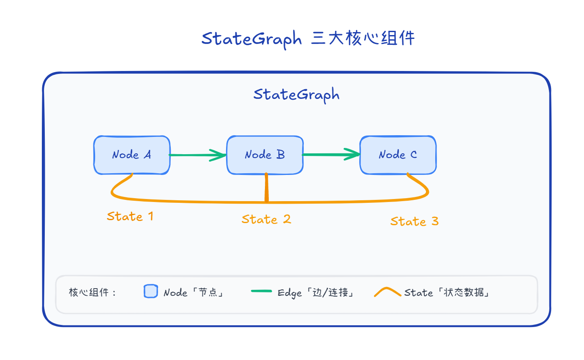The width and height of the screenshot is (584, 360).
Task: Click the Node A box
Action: pos(131,155)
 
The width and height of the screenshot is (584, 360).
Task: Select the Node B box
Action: pos(265,155)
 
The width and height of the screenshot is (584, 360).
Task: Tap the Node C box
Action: pos(398,155)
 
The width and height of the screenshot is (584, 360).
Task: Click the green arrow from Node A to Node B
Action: pos(198,155)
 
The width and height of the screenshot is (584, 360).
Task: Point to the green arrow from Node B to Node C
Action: pos(331,155)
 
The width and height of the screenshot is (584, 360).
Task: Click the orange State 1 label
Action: pos(130,217)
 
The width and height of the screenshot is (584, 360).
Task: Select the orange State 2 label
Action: pos(266,219)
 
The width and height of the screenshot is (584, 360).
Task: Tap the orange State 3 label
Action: pos(414,221)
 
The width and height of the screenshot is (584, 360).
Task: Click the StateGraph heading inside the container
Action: pos(296,95)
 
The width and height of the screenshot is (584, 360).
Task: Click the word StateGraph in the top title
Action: pos(251,39)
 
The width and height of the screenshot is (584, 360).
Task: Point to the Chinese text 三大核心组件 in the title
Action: pos(363,39)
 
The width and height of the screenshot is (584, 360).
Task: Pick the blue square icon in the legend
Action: pos(151,292)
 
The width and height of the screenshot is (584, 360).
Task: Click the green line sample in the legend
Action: pos(261,291)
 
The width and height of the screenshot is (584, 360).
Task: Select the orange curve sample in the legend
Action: pos(387,292)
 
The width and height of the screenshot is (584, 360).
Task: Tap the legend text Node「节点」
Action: pos(193,293)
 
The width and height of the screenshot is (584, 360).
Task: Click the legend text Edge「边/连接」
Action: pos(315,293)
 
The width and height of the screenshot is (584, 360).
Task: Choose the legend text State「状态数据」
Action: pos(447,293)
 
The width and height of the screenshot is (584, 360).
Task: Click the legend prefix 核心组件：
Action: pos(93,293)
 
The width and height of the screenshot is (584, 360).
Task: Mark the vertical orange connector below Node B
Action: pos(266,188)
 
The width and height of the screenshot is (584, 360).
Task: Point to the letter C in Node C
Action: pos(413,155)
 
